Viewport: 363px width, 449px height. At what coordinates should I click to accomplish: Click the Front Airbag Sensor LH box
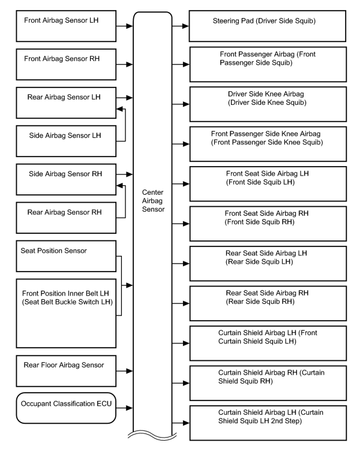(x=66, y=26)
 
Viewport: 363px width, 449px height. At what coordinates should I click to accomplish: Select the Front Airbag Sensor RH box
(x=66, y=64)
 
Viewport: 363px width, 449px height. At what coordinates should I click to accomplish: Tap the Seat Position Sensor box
(x=66, y=257)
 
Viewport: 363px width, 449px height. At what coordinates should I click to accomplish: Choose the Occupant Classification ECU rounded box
(x=66, y=408)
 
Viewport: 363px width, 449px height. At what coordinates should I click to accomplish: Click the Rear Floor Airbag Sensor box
(x=66, y=371)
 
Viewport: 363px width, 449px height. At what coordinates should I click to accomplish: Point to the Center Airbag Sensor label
(x=153, y=201)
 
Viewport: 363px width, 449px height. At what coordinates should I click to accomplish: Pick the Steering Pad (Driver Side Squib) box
(x=268, y=26)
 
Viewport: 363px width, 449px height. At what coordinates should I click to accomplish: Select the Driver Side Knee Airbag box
(x=268, y=104)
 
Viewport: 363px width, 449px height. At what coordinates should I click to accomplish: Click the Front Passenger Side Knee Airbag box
(x=268, y=144)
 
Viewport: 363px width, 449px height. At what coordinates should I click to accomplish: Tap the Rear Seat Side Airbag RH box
(x=268, y=303)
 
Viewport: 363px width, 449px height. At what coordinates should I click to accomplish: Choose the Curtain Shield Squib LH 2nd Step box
(x=268, y=423)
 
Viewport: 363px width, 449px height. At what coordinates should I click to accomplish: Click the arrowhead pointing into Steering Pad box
(x=185, y=26)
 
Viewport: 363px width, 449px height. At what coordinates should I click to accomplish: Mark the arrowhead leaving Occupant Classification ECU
(x=130, y=408)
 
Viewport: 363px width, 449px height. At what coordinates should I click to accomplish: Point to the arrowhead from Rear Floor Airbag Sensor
(x=130, y=371)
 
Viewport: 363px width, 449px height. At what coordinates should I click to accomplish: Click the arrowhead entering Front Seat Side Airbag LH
(x=186, y=184)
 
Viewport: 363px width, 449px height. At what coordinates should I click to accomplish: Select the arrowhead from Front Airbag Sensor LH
(x=130, y=26)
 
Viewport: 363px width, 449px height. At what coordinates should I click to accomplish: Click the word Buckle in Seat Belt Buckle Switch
(x=75, y=302)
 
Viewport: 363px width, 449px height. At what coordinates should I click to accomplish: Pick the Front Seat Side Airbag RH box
(x=268, y=224)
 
